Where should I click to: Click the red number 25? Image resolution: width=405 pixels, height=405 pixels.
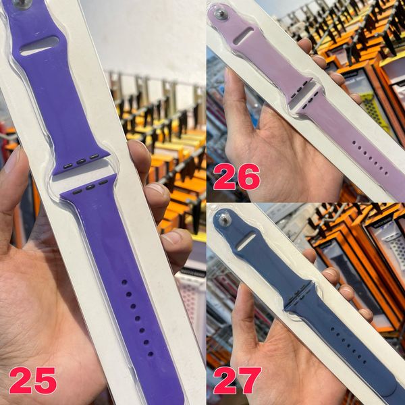pyautogui.click(x=32, y=381)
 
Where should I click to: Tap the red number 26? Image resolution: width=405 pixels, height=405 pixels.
pyautogui.click(x=236, y=177)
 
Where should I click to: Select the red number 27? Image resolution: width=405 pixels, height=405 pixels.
pyautogui.click(x=237, y=381)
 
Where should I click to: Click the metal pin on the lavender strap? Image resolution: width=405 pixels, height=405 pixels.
pyautogui.click(x=221, y=14)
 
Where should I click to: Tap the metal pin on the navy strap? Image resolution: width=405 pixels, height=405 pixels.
pyautogui.click(x=223, y=219)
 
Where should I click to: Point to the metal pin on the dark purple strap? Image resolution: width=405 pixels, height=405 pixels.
pyautogui.click(x=22, y=3)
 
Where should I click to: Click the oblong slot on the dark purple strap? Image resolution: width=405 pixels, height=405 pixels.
pyautogui.click(x=39, y=46)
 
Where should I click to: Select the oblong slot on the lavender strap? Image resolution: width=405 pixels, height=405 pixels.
pyautogui.click(x=244, y=36)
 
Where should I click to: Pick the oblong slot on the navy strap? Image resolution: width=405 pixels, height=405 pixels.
pyautogui.click(x=246, y=241)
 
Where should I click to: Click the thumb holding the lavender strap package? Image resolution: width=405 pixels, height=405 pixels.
pyautogui.click(x=238, y=101)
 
